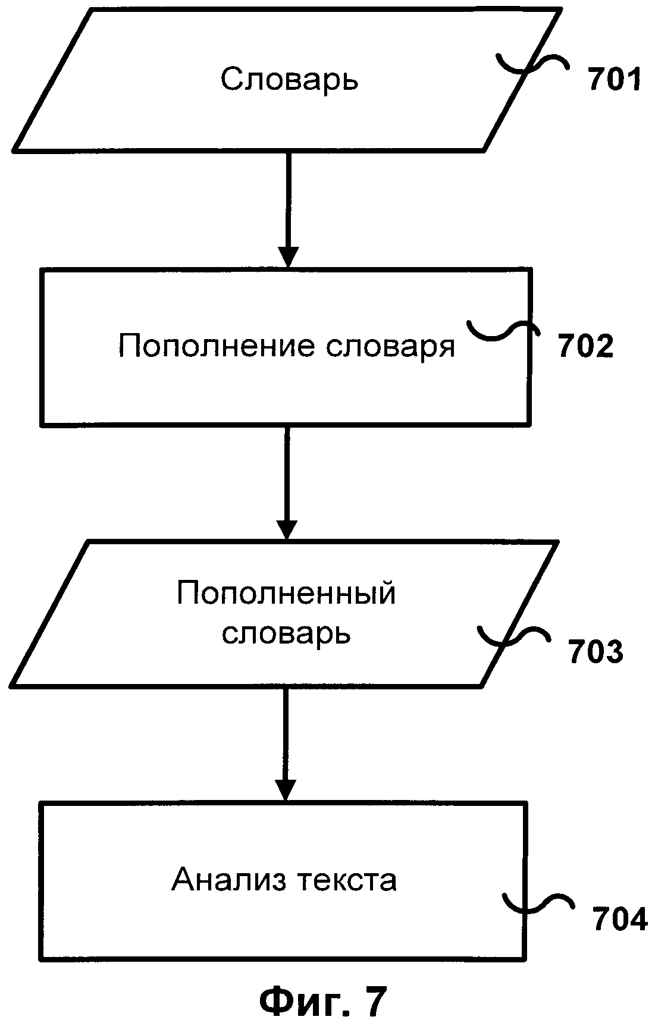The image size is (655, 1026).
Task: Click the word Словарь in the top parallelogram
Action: point(289,79)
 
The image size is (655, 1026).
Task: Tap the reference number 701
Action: point(615,80)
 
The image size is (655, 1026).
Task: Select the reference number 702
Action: point(585,347)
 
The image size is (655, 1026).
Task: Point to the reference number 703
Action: point(595,651)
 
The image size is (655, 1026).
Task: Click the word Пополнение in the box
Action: point(216,346)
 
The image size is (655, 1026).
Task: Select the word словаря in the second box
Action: point(390,346)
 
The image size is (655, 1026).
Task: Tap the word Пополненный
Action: point(286,594)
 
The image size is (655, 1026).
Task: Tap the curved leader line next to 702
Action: point(503,330)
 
